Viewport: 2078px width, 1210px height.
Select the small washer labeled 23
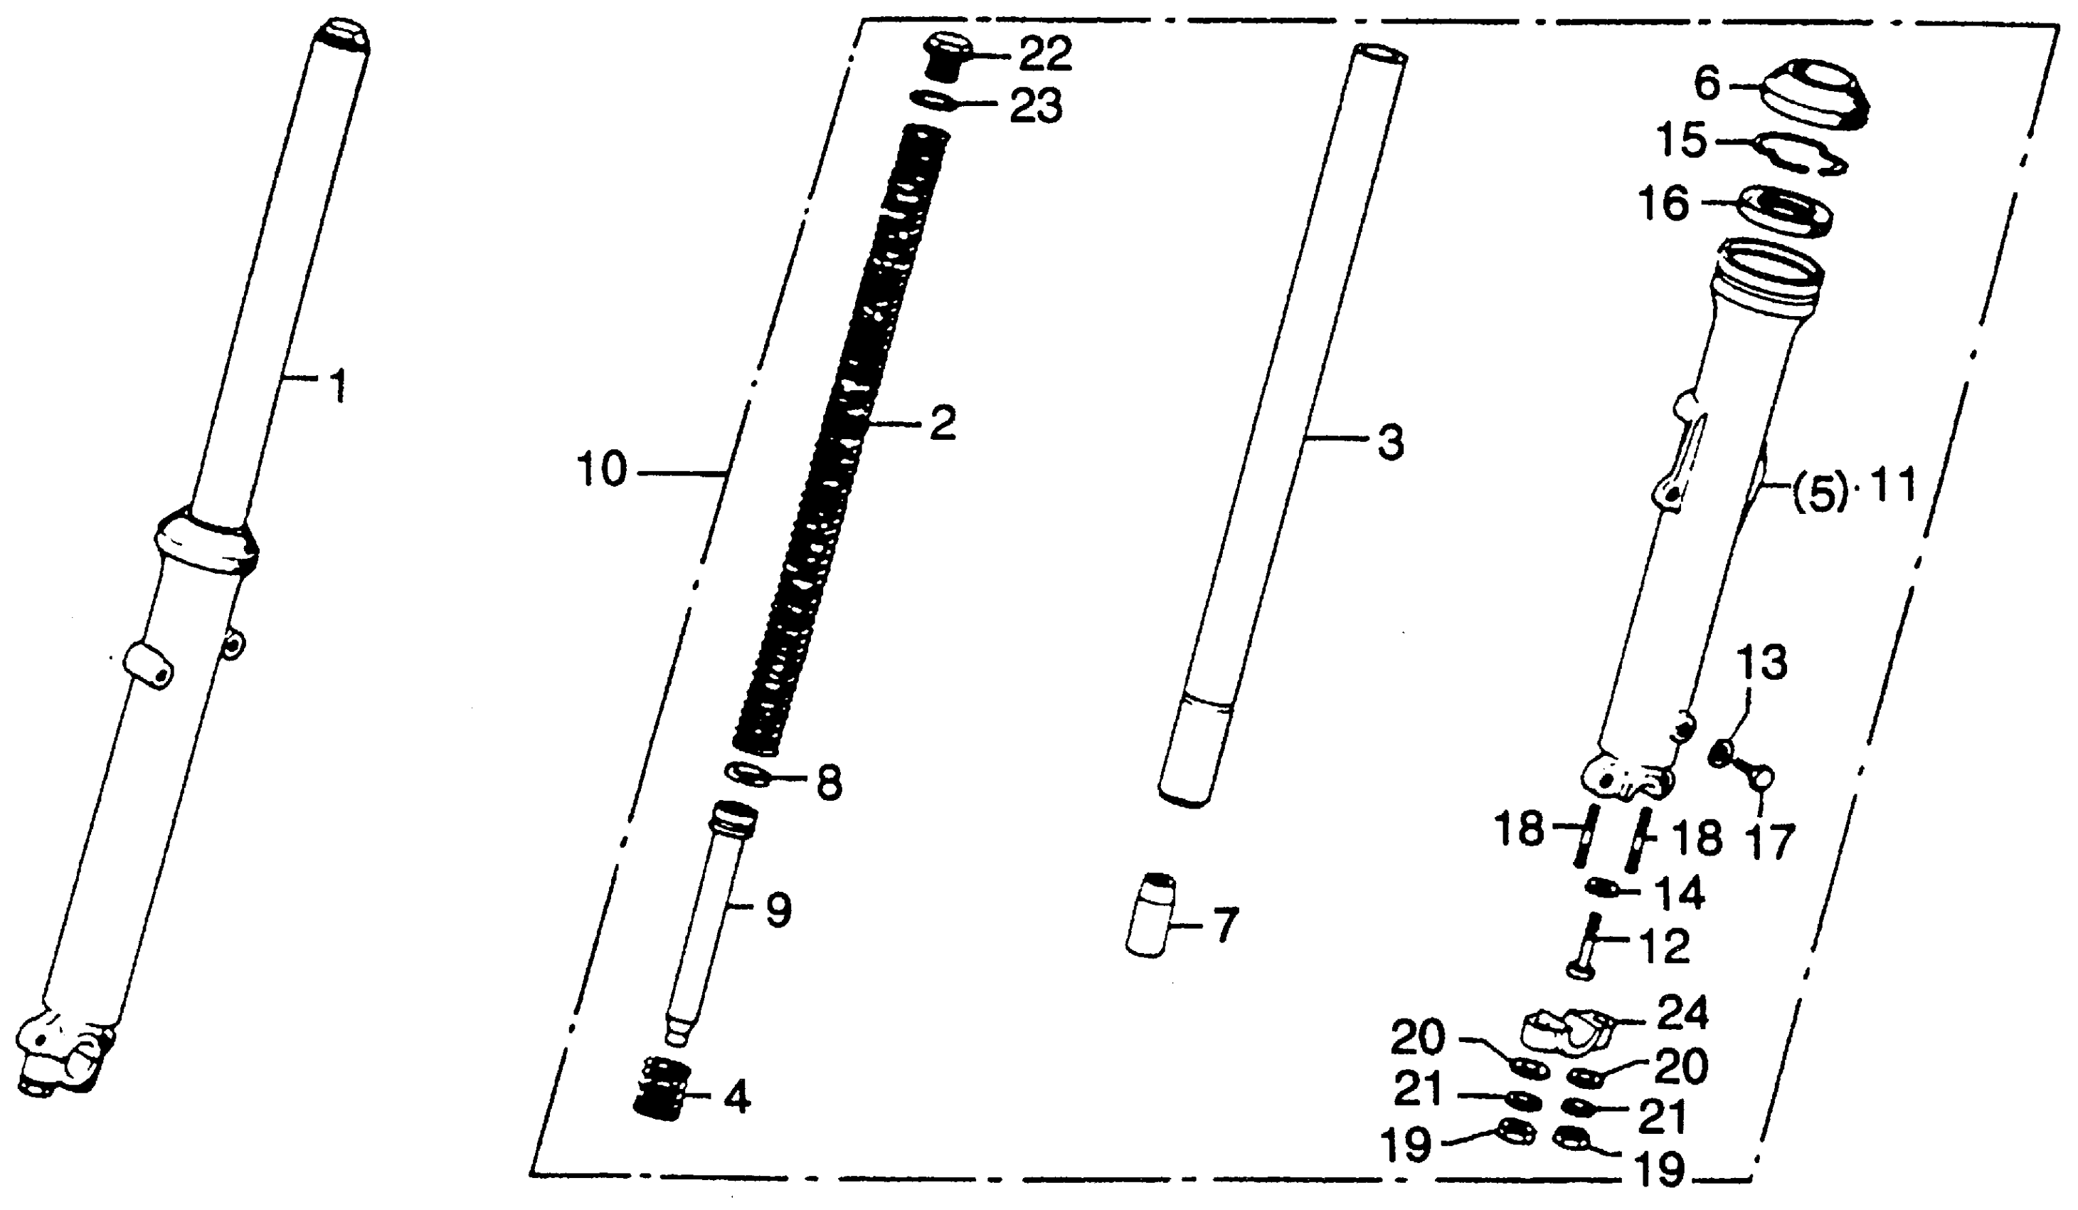933,100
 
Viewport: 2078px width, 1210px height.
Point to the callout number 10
602,471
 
